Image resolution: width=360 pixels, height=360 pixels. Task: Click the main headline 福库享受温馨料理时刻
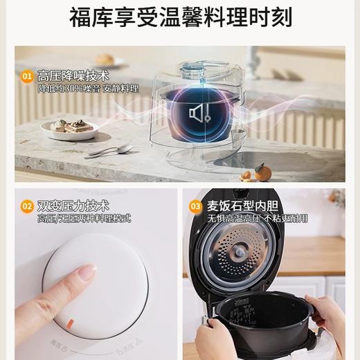tap(180, 17)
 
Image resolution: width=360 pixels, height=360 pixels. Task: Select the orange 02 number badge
tap(28, 206)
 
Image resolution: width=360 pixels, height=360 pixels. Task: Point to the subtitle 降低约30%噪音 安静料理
tap(87, 89)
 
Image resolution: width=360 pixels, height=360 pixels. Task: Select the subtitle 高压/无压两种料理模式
tap(84, 218)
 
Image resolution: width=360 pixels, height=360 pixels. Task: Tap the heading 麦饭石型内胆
tap(237, 206)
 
